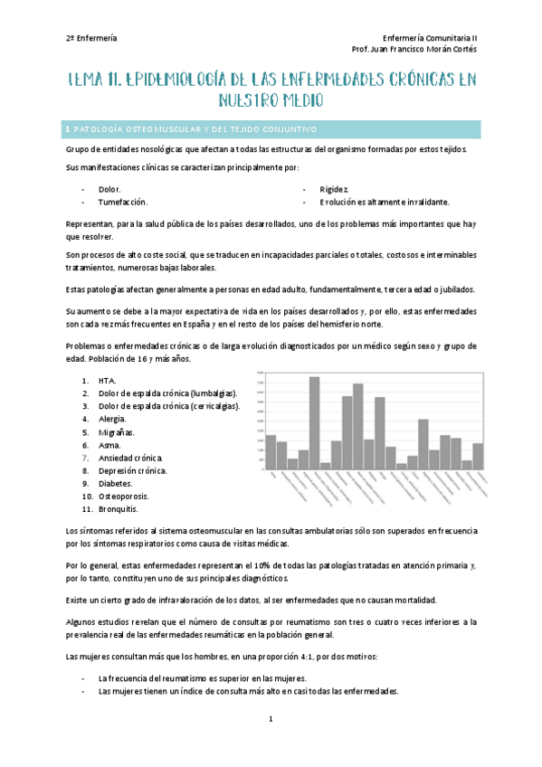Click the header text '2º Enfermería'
tap(91, 38)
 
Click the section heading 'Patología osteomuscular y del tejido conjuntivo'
tap(193, 128)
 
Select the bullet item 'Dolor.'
tap(109, 189)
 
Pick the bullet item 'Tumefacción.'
tap(123, 202)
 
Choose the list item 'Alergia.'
tap(113, 419)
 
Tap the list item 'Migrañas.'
tap(117, 432)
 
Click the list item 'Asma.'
tap(109, 445)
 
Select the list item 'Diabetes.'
tap(117, 484)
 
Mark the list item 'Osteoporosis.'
tap(124, 497)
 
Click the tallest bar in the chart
tap(314, 421)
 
